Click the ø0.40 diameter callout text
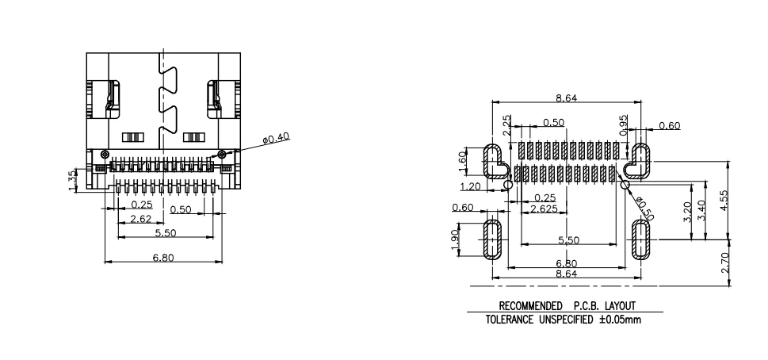tap(277, 138)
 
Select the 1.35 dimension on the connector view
tap(73, 180)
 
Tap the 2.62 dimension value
tap(140, 218)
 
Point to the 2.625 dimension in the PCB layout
tap(544, 209)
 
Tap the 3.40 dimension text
tap(701, 211)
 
